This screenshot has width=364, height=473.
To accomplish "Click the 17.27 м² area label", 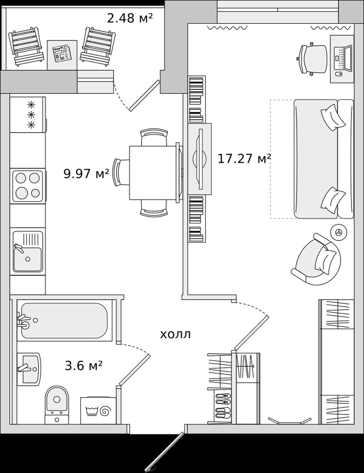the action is [x=244, y=159].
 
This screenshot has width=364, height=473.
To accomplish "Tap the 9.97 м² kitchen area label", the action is [x=86, y=174].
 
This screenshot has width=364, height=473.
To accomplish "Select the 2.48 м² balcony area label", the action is [x=130, y=18].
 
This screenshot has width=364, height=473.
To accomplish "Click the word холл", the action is [x=175, y=334].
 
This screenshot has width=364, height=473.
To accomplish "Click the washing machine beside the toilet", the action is [x=98, y=410].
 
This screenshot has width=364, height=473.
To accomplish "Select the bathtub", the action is [x=64, y=321].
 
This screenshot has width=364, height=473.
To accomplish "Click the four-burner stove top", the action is [x=28, y=186].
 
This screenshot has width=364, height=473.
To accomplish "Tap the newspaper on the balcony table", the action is [x=62, y=54].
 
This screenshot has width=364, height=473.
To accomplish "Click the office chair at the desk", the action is [x=312, y=59].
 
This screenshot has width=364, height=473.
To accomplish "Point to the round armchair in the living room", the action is [x=316, y=260].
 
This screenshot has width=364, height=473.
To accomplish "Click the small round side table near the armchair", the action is [x=339, y=232].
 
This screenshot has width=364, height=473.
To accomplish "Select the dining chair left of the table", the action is [x=121, y=172].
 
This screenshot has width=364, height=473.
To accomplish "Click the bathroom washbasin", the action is [x=29, y=369].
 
